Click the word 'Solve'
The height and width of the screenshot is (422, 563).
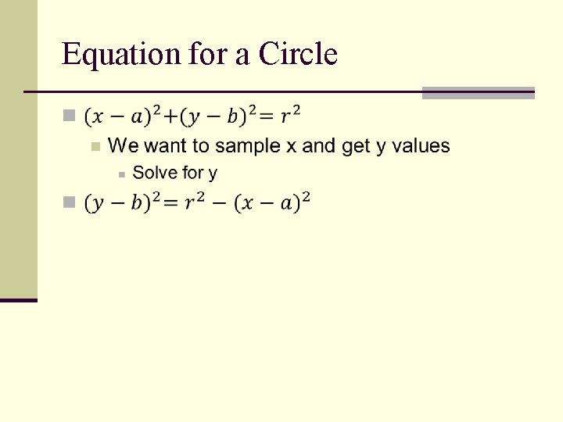tap(156, 173)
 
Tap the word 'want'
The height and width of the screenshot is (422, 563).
tap(161, 146)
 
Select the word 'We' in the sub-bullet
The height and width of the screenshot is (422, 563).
tap(120, 145)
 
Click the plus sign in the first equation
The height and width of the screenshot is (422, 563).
tap(170, 117)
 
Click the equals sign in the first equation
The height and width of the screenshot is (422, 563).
tap(267, 117)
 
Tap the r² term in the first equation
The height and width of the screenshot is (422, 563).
tap(290, 116)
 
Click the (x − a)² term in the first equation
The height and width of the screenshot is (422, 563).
tap(123, 116)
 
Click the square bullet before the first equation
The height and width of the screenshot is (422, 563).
tap(69, 116)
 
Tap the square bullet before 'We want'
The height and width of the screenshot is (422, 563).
tap(95, 146)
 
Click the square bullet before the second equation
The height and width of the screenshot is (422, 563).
tap(69, 202)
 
